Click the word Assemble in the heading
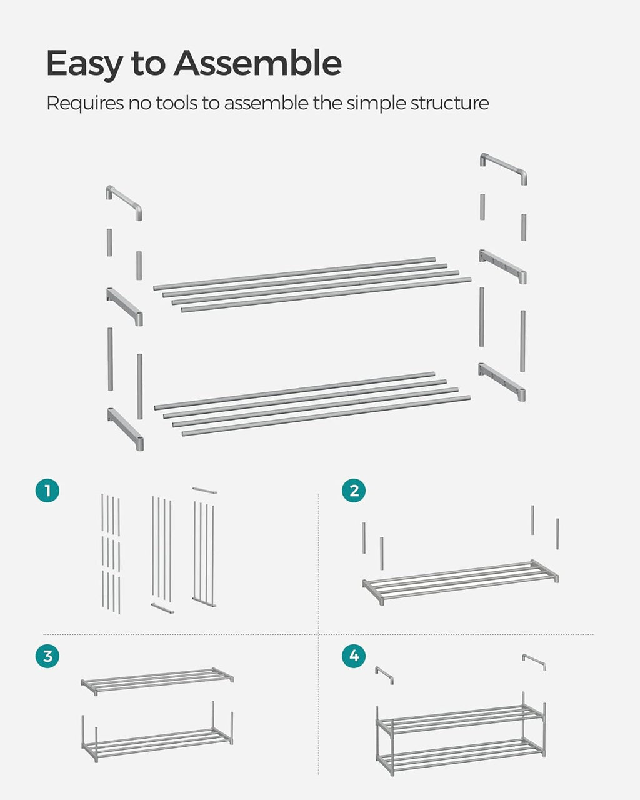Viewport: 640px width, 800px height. pyautogui.click(x=257, y=62)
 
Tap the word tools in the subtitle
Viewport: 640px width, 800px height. pyautogui.click(x=177, y=102)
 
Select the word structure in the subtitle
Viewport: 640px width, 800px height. pyautogui.click(x=449, y=103)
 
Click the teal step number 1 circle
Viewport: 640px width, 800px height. pyautogui.click(x=47, y=491)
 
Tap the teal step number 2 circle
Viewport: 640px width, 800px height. pyautogui.click(x=354, y=491)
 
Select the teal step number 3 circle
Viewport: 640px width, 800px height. pyautogui.click(x=47, y=656)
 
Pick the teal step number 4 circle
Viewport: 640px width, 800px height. pyautogui.click(x=354, y=656)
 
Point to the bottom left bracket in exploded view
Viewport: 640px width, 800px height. pyautogui.click(x=126, y=429)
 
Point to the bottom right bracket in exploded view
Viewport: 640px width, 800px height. pyautogui.click(x=502, y=382)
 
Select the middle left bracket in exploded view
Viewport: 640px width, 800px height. pyautogui.click(x=124, y=307)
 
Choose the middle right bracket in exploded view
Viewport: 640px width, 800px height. pyautogui.click(x=502, y=266)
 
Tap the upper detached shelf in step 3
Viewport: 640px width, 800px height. pyautogui.click(x=157, y=679)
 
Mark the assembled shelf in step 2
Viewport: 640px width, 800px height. pyautogui.click(x=461, y=582)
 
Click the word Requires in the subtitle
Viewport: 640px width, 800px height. pyautogui.click(x=85, y=103)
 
